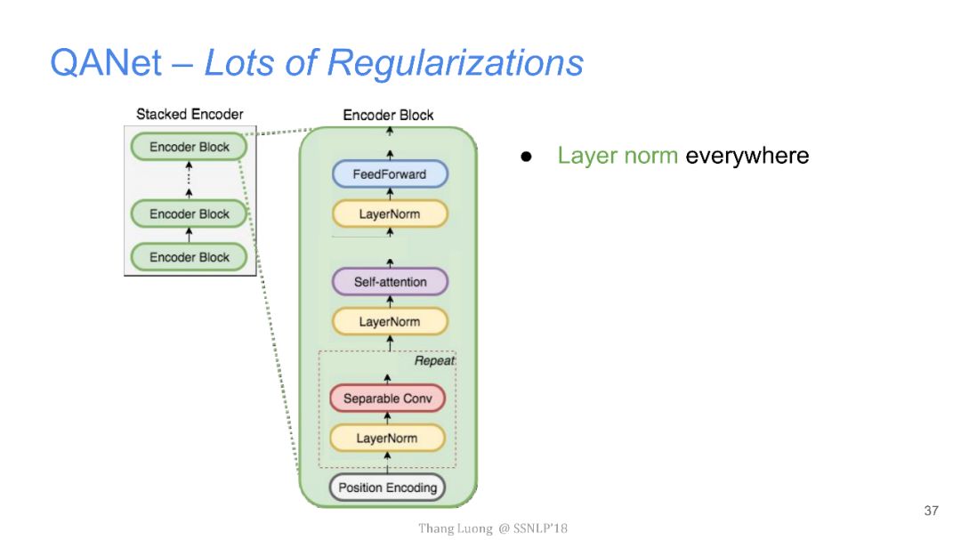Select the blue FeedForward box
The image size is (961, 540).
coord(389,174)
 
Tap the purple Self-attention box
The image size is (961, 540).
coord(390,282)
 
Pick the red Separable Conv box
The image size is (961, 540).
coord(387,399)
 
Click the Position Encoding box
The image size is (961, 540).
coord(387,488)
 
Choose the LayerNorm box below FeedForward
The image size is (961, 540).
coord(389,214)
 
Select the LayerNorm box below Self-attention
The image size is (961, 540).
coord(389,321)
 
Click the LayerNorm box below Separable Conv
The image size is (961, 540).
coord(387,438)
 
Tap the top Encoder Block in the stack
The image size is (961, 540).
coord(189,147)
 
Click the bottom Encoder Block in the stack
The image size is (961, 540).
coord(189,257)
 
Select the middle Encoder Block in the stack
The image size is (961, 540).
coord(189,214)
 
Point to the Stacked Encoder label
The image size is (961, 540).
coord(190,114)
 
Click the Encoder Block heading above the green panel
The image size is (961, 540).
coord(388,115)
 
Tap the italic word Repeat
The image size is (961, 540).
coord(434,361)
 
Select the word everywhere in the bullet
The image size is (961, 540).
coord(747,157)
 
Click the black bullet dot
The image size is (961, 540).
coord(526,157)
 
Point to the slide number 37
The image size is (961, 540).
coord(932,511)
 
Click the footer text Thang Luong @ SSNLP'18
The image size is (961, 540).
coord(493,528)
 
